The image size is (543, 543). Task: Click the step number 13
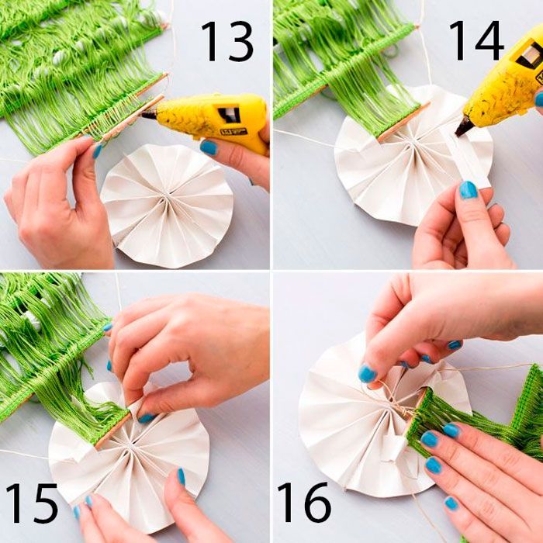tap(227, 41)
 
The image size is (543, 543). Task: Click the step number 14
tap(476, 40)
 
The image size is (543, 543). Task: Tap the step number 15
tap(32, 503)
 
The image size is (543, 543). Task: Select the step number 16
tap(304, 502)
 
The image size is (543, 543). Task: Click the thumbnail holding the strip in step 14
tap(469, 190)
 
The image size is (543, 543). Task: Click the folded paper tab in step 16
tap(393, 448)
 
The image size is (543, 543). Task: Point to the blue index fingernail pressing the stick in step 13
tap(97, 151)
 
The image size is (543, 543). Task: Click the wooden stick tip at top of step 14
tap(416, 26)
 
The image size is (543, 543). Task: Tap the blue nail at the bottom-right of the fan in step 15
tap(181, 476)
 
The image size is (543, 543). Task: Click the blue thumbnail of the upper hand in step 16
tap(367, 374)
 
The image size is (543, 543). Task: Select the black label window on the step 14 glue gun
tap(528, 55)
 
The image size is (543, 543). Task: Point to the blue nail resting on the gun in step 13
tap(209, 147)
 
